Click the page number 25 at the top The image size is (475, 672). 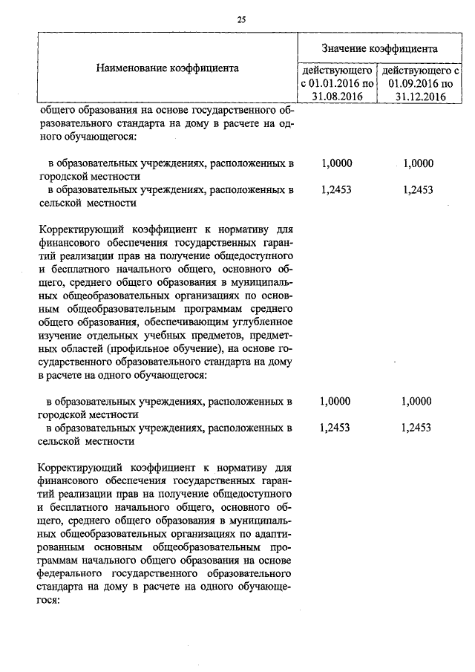pos(241,20)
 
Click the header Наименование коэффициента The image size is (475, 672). pos(167,68)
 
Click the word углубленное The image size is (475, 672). pos(264,322)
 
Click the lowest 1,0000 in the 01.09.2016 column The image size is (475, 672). pos(416,402)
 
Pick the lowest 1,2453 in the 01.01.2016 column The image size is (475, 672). pos(335,428)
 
